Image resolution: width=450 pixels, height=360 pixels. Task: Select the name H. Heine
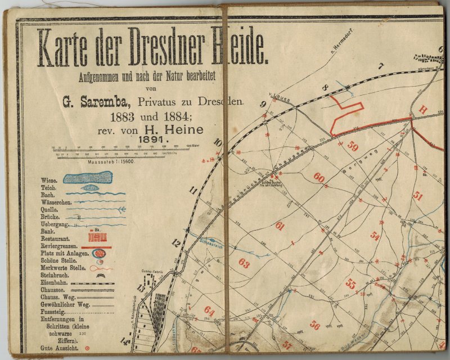pos(180,130)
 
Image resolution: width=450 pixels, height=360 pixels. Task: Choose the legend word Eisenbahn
pos(55,282)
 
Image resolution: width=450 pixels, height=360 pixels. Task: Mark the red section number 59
pos(352,147)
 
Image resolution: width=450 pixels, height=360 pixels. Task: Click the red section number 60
pos(319,178)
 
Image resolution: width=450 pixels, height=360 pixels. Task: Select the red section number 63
pos(244,263)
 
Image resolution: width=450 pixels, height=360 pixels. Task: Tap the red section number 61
pos(280,226)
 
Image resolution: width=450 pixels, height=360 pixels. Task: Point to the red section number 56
pos(315,325)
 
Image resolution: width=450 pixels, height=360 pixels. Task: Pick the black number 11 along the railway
pos(193,191)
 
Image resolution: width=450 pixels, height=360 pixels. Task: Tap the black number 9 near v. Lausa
pos(262,103)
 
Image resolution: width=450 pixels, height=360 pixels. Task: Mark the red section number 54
pos(375,236)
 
